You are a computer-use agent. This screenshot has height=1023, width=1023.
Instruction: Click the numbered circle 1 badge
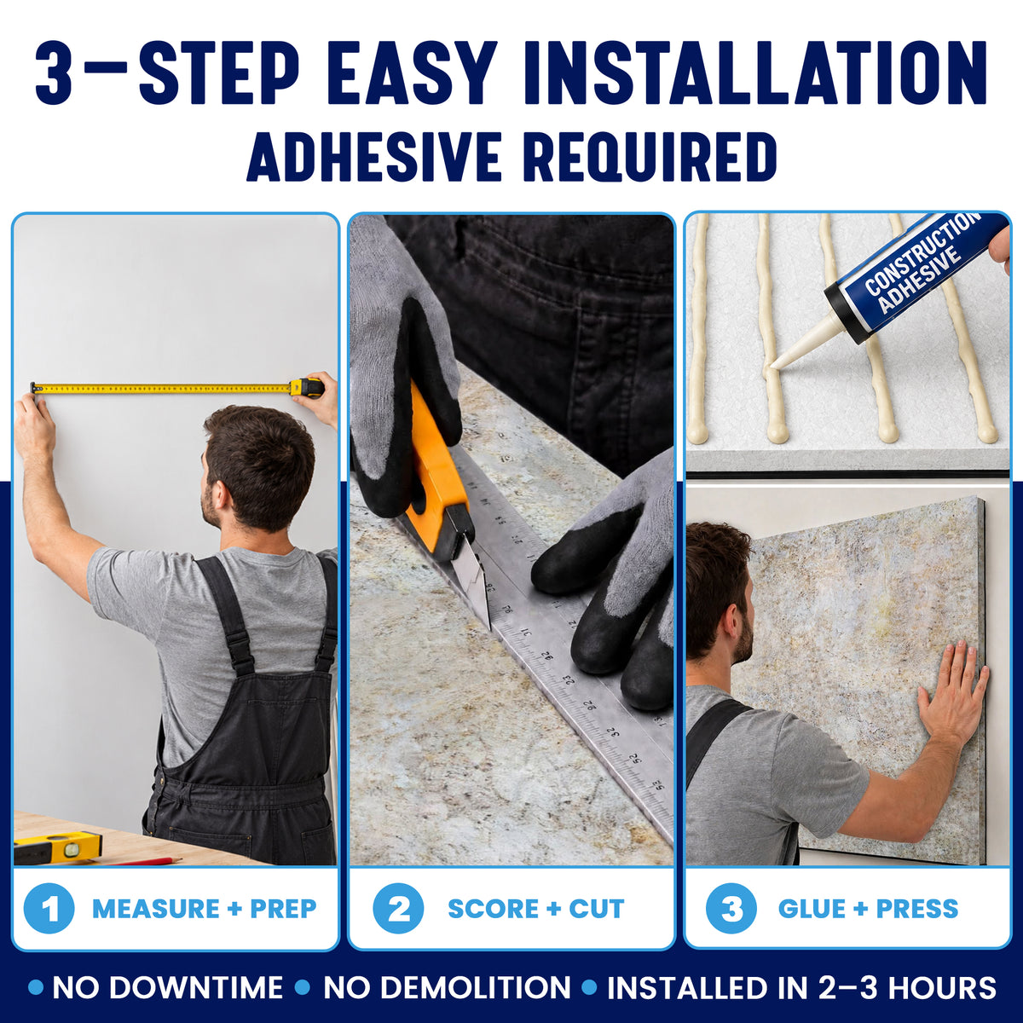(x=49, y=908)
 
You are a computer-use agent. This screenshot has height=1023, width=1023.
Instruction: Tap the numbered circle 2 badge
(x=398, y=908)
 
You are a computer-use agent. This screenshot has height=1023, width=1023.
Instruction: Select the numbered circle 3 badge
(x=731, y=908)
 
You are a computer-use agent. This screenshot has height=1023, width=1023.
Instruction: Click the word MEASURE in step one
(x=155, y=909)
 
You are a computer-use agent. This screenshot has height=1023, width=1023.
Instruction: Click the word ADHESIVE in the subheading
(x=374, y=157)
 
